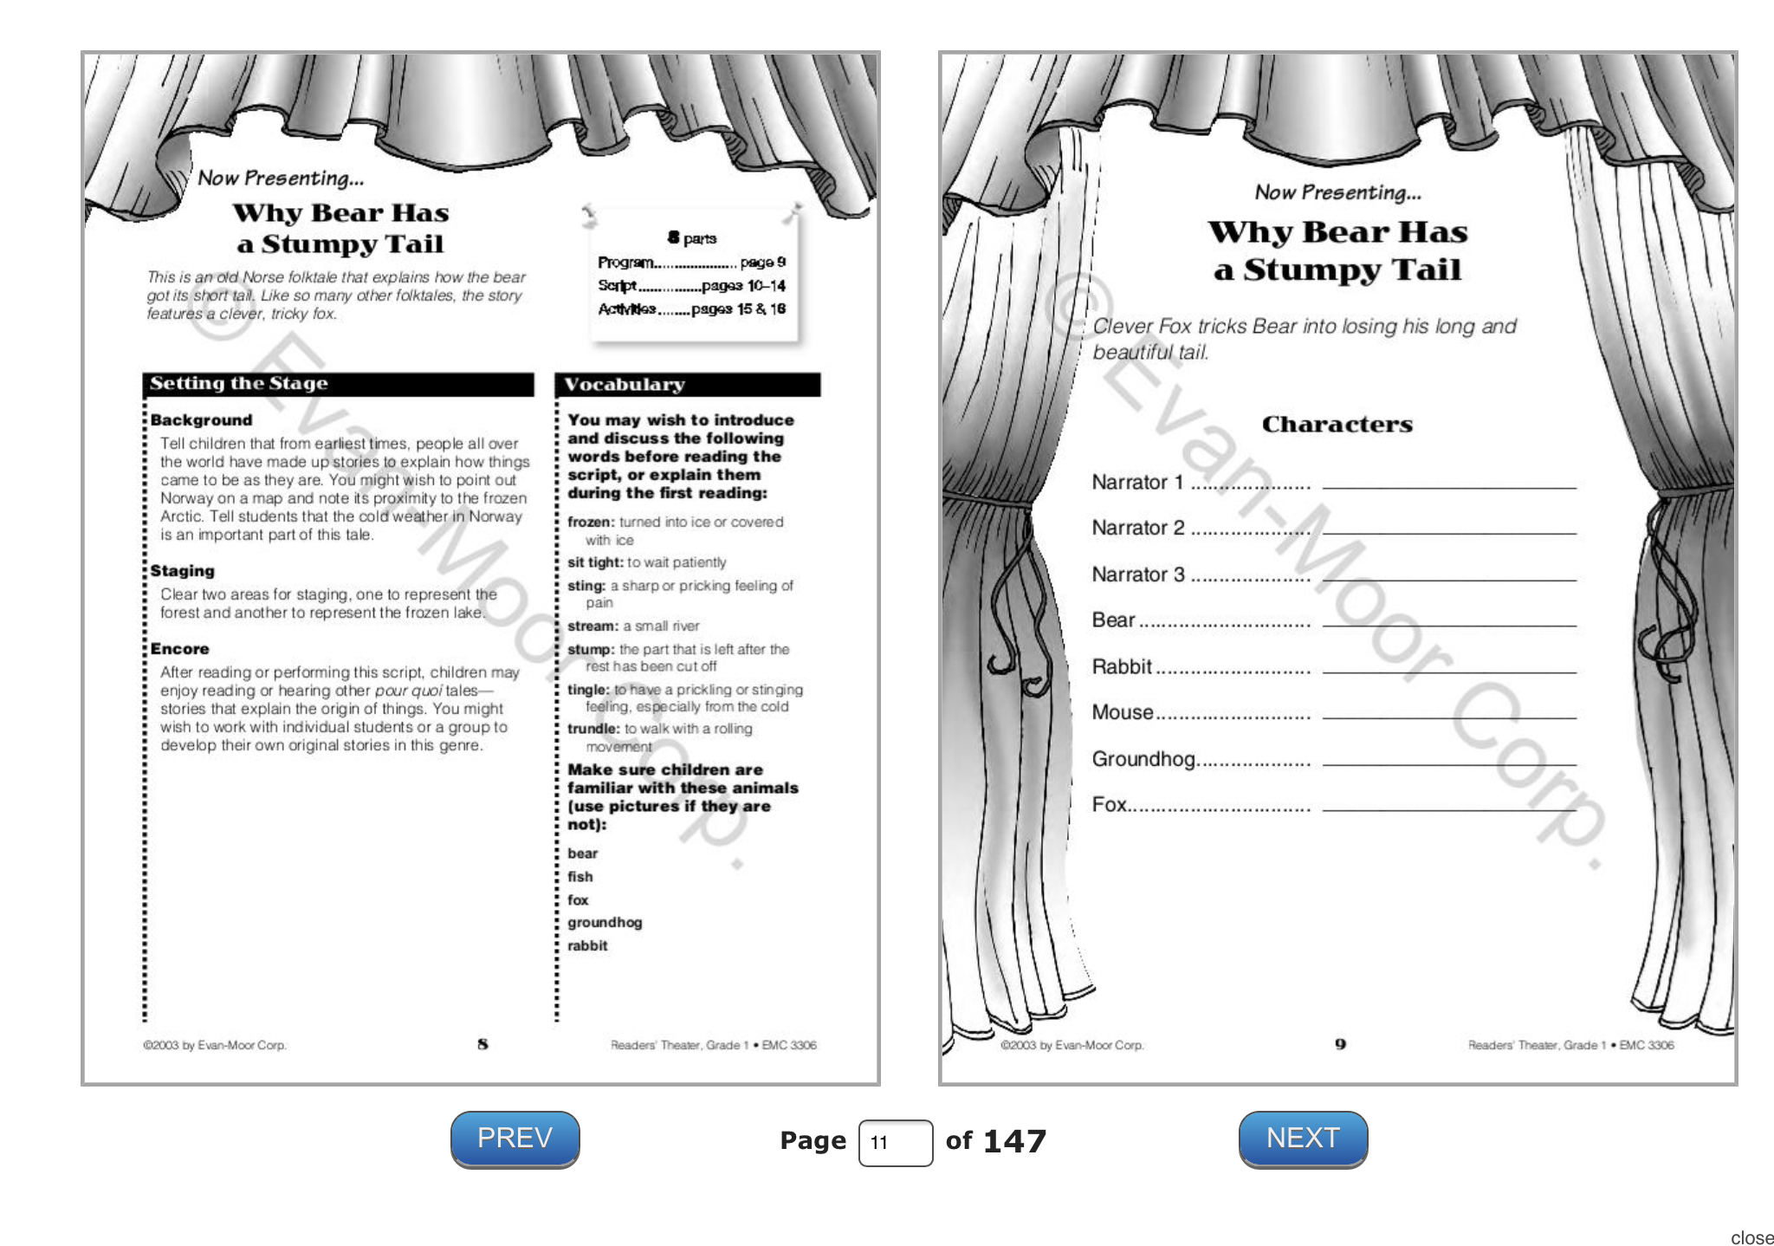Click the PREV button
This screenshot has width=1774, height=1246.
[515, 1139]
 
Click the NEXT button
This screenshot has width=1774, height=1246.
[1303, 1139]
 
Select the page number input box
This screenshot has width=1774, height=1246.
[895, 1143]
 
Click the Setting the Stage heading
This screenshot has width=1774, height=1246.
[239, 383]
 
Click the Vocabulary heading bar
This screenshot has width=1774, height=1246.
[687, 385]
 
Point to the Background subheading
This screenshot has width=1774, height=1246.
[201, 420]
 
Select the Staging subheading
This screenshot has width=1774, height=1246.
[182, 571]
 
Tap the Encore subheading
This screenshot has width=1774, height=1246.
[179, 649]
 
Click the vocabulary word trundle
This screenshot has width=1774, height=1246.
[593, 729]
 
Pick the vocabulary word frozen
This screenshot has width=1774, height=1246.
[591, 522]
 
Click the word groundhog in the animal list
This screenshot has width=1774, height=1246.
[605, 923]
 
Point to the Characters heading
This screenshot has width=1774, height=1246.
[1337, 425]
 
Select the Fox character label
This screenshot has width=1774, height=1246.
[1109, 805]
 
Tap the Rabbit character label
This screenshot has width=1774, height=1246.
[1121, 666]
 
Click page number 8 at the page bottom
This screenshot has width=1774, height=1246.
[482, 1044]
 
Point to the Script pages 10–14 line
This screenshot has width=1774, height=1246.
[691, 286]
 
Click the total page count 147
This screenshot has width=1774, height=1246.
[1014, 1141]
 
